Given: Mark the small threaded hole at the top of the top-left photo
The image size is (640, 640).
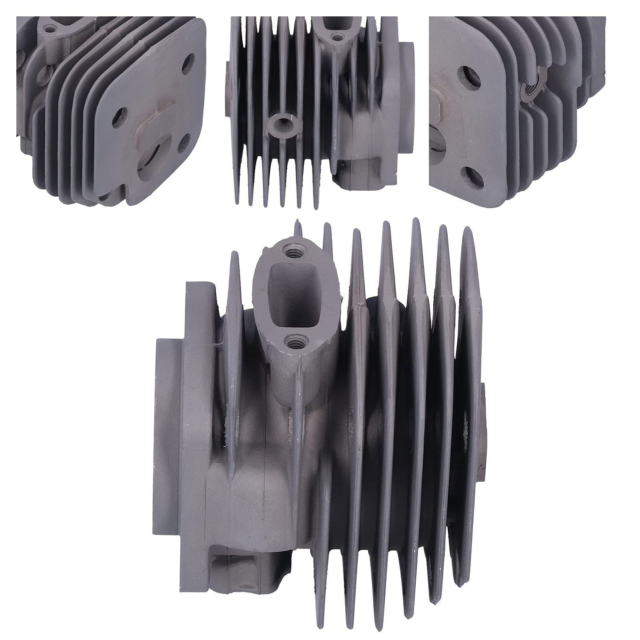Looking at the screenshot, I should tap(49, 29).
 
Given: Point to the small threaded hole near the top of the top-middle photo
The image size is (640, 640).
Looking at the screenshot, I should tap(338, 37).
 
